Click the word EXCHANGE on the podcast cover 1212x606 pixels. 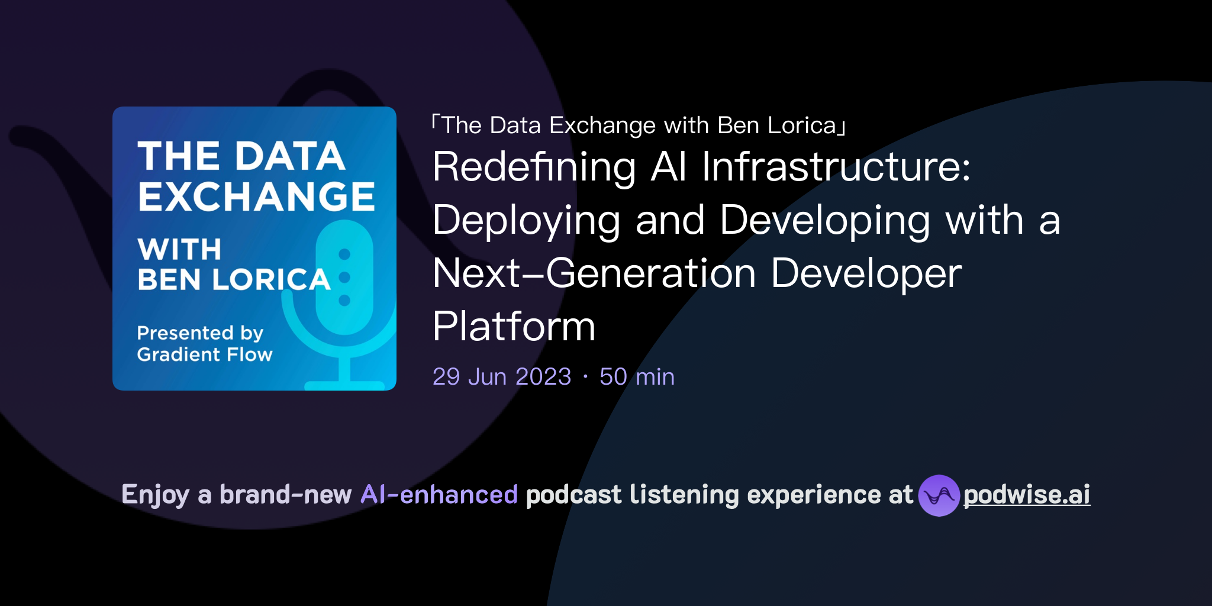click(x=256, y=196)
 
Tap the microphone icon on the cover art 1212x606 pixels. click(x=344, y=278)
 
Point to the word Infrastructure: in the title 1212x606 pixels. click(x=836, y=167)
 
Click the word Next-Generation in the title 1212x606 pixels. click(x=594, y=273)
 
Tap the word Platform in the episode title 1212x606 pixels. click(x=514, y=326)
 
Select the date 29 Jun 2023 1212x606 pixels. click(x=502, y=377)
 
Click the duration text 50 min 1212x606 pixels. click(x=637, y=377)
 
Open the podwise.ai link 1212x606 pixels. click(x=1027, y=495)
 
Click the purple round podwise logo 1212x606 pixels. click(x=939, y=495)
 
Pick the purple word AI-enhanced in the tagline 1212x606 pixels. click(x=439, y=495)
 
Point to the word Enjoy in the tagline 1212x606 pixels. click(x=155, y=495)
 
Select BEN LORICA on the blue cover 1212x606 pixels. click(x=234, y=279)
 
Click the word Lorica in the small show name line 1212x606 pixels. click(x=802, y=125)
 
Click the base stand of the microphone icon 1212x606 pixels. click(x=344, y=385)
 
